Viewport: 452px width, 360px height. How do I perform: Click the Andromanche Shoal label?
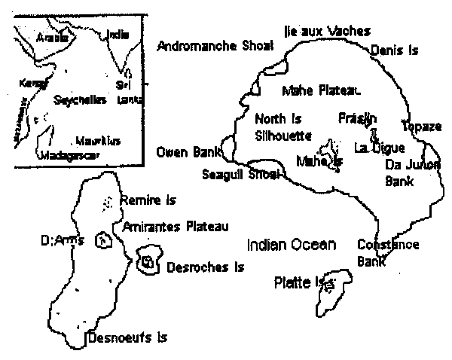214,46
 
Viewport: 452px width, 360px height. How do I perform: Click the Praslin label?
358,118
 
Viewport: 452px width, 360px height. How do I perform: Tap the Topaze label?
421,127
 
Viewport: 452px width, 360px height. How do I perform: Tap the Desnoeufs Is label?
127,338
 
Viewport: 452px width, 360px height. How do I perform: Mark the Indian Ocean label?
292,244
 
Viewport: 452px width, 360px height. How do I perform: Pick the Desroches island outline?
148,260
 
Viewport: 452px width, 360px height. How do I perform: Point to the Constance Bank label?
387,252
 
